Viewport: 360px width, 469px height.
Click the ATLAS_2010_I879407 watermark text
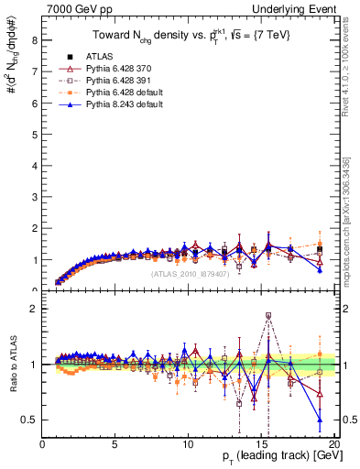point(190,274)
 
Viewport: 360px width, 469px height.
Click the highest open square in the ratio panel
point(268,315)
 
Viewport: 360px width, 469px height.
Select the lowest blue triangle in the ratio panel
point(320,420)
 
